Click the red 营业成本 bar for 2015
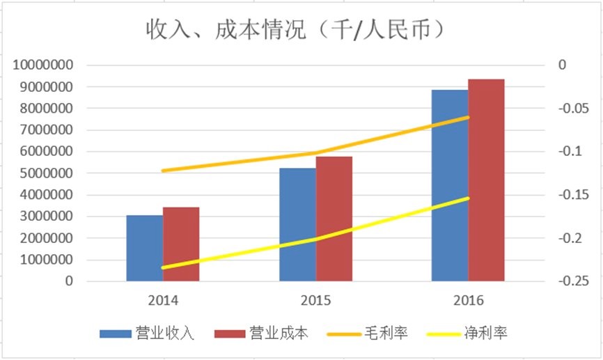(334, 219)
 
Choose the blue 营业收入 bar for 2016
(450, 185)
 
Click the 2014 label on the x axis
(162, 301)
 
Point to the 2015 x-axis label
(315, 301)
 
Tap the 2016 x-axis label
(468, 301)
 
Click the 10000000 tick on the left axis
(43, 65)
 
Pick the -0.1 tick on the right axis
(565, 152)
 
